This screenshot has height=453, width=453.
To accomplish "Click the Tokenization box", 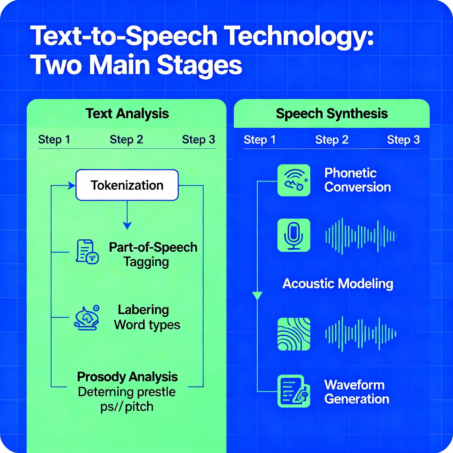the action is pyautogui.click(x=127, y=185).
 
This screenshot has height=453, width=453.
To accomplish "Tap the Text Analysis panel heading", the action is pyautogui.click(x=127, y=114).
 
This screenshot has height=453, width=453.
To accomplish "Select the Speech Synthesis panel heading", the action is pyautogui.click(x=332, y=114).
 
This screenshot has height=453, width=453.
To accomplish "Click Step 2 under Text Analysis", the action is pyautogui.click(x=126, y=140).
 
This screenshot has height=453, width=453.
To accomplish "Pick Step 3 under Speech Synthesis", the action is pyautogui.click(x=403, y=140).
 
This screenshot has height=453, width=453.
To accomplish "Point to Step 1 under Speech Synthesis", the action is pyautogui.click(x=260, y=140).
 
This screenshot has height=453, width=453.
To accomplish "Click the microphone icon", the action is pyautogui.click(x=294, y=235).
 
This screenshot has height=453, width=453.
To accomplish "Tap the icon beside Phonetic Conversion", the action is pyautogui.click(x=294, y=180).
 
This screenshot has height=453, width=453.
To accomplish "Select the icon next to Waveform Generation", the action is pyautogui.click(x=294, y=391).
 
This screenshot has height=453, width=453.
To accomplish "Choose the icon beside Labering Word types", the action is pyautogui.click(x=87, y=318).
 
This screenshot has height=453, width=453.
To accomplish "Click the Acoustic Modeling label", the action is pyautogui.click(x=338, y=284).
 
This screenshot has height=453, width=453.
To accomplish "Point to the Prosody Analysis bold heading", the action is pyautogui.click(x=127, y=377).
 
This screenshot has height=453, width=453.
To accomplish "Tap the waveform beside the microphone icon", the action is pyautogui.click(x=361, y=236).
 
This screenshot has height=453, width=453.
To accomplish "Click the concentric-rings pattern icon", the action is pyautogui.click(x=294, y=334).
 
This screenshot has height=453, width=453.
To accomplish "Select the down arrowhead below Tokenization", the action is pyautogui.click(x=127, y=226).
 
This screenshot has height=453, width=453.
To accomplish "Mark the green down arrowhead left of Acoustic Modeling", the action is pyautogui.click(x=257, y=296).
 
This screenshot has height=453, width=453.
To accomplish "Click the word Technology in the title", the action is pyautogui.click(x=300, y=36).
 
